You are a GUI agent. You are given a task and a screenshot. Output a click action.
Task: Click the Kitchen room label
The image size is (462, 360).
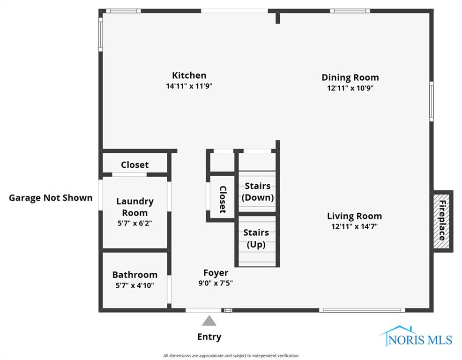[x=189, y=75]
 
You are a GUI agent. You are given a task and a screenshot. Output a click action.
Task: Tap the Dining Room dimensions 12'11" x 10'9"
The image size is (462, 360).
[x=350, y=88]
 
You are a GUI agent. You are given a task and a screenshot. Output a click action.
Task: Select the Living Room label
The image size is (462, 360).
[x=354, y=216]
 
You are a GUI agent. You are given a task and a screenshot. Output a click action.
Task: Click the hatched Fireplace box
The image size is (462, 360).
[x=442, y=221]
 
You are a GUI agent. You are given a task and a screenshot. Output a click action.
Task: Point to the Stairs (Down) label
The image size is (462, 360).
[x=257, y=192]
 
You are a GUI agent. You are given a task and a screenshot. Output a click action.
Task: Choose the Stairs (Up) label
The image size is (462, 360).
[x=256, y=239]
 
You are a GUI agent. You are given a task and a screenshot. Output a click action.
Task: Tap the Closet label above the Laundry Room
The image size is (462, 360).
[x=134, y=165]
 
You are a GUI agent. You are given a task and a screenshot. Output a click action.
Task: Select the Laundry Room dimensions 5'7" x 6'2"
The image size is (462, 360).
[x=135, y=223]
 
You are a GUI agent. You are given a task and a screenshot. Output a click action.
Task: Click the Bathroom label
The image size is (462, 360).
[x=134, y=275]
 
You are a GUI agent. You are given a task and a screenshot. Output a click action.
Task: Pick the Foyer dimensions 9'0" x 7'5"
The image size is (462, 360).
[x=216, y=283]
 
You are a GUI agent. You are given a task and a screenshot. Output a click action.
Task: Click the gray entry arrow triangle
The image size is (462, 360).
[x=209, y=321]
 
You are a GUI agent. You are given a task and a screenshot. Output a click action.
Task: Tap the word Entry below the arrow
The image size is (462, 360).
[x=209, y=337]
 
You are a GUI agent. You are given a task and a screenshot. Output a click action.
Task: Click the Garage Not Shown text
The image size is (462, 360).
[x=51, y=198]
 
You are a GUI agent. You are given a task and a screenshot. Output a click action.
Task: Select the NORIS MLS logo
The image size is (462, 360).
[x=416, y=337]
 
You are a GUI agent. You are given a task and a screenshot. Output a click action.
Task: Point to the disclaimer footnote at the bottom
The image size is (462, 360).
[x=231, y=356]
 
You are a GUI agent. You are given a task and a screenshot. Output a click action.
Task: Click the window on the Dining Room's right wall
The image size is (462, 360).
[x=431, y=101]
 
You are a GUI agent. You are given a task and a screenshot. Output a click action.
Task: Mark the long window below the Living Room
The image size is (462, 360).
[x=362, y=310]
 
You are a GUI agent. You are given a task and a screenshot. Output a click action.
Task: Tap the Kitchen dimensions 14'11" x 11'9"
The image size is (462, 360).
[x=189, y=86]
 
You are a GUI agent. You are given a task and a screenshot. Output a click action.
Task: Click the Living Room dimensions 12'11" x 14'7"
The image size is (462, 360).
[x=354, y=226]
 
